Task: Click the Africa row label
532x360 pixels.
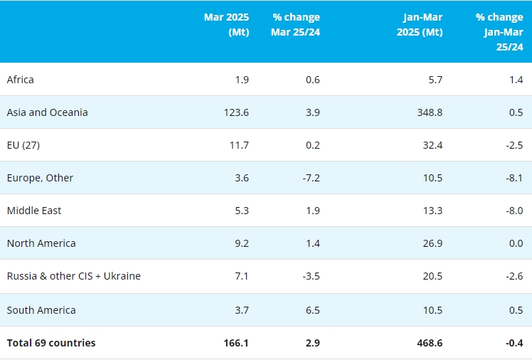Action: pos(21,80)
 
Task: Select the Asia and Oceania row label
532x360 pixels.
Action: pos(47,112)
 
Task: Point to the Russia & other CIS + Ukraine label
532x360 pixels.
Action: pos(73,276)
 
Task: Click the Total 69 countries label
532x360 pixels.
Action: pos(51,343)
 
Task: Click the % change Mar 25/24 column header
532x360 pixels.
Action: pos(295,24)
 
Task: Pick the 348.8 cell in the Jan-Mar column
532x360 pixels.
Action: pos(429,112)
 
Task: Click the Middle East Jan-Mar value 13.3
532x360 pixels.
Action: pos(432,211)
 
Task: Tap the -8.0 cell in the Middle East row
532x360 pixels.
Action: pos(514,211)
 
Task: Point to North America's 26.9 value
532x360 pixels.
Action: pos(432,243)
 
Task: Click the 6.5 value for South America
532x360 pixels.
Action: pos(312,310)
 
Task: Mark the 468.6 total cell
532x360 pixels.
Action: pos(429,343)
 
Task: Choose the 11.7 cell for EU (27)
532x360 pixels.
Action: pos(239,145)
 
